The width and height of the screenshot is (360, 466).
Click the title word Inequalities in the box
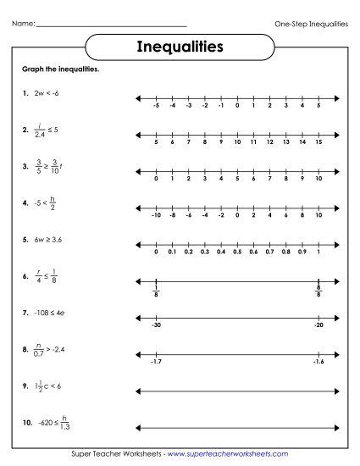pyautogui.click(x=180, y=46)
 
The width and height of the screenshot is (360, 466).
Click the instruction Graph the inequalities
pyautogui.click(x=62, y=69)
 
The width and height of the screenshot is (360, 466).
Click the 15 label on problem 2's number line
pyautogui.click(x=318, y=142)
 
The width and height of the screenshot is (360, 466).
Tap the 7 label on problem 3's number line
pyautogui.click(x=269, y=179)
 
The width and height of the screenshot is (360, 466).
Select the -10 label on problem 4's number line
pyautogui.click(x=155, y=215)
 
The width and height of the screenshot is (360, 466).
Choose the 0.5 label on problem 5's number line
pyautogui.click(x=237, y=252)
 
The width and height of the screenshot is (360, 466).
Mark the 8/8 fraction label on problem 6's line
pyautogui.click(x=318, y=292)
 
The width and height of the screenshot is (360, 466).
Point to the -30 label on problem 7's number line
pyautogui.click(x=156, y=325)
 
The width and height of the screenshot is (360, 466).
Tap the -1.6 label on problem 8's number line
pyautogui.click(x=317, y=361)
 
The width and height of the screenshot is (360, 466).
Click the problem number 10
pyautogui.click(x=27, y=422)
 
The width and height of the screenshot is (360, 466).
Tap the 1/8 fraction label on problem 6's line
pyautogui.click(x=157, y=292)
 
